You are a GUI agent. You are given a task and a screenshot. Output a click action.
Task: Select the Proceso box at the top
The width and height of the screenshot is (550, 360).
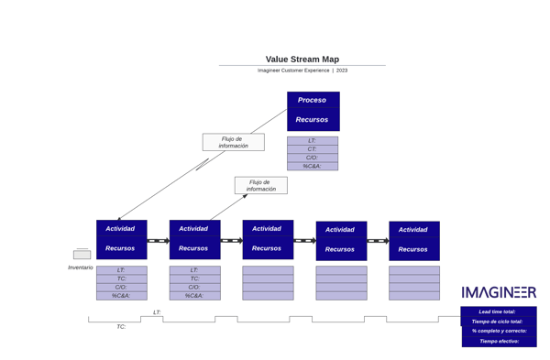[313, 100]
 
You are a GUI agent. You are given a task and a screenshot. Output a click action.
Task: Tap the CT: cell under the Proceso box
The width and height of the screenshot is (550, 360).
[313, 148]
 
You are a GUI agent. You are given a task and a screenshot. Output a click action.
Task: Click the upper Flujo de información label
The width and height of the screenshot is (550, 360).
[233, 142]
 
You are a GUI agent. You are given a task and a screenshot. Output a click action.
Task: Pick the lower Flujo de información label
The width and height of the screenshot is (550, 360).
[260, 185]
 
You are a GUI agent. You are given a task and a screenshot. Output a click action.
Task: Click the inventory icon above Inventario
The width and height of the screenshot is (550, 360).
[82, 254]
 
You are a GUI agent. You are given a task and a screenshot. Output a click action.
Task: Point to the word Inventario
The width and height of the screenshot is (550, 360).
[81, 267]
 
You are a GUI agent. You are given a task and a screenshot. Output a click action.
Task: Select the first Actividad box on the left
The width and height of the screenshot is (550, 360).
[121, 228]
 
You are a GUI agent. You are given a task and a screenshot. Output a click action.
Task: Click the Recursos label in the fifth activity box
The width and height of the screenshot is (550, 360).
[413, 249]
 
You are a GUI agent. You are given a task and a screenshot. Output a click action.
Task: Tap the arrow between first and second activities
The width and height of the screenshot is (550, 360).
[158, 241]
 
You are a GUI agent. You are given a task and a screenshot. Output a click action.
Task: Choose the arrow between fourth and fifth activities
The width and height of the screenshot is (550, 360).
[378, 241]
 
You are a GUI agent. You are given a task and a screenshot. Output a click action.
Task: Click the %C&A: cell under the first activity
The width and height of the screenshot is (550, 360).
[121, 296]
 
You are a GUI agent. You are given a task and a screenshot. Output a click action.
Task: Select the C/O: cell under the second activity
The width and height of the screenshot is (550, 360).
[194, 287]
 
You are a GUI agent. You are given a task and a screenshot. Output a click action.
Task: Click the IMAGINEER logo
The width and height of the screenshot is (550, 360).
[499, 293]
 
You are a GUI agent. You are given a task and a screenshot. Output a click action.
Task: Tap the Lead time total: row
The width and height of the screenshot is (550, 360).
[499, 311]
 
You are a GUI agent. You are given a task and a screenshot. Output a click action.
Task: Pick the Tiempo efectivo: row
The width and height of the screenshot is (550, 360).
[499, 341]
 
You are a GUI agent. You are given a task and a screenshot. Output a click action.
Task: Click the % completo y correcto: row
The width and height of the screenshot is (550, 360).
[499, 331]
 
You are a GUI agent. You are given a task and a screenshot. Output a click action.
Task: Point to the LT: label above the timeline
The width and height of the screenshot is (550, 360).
[157, 312]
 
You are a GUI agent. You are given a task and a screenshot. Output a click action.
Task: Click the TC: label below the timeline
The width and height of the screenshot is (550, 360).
[121, 327]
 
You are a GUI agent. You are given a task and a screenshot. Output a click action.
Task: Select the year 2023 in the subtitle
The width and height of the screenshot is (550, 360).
[342, 71]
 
